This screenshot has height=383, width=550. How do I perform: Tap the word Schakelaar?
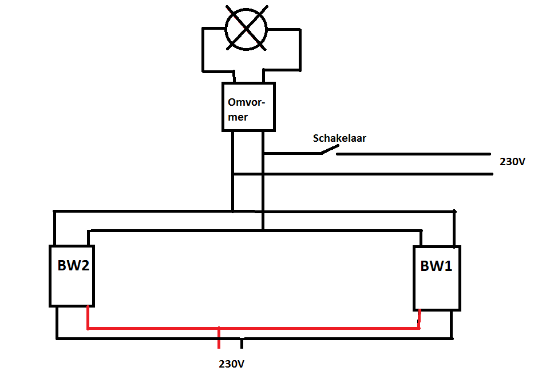coord(339,138)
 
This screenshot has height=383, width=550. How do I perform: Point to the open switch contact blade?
coord(330,150)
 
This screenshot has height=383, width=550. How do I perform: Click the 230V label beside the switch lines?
coord(512,162)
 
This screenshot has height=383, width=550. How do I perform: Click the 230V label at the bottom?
coord(232,364)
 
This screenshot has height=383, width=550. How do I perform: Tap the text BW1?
coord(436,266)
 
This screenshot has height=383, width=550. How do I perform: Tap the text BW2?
coord(73,265)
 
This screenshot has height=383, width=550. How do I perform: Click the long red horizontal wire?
coord(254,328)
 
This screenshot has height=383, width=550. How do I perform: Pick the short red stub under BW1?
coord(419,319)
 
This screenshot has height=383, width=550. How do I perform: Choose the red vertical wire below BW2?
coord(88,317)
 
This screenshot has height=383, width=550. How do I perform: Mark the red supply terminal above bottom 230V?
coord(219,338)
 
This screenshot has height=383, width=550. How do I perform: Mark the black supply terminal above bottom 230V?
coord(242,344)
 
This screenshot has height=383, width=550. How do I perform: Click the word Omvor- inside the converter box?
coord(246,102)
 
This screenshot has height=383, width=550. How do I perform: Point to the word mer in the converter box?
coord(238,117)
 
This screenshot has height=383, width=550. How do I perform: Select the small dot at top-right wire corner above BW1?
coord(454,212)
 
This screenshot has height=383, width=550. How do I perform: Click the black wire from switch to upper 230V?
coord(414,154)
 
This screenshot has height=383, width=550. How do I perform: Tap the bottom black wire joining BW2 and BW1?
coord(254,338)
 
